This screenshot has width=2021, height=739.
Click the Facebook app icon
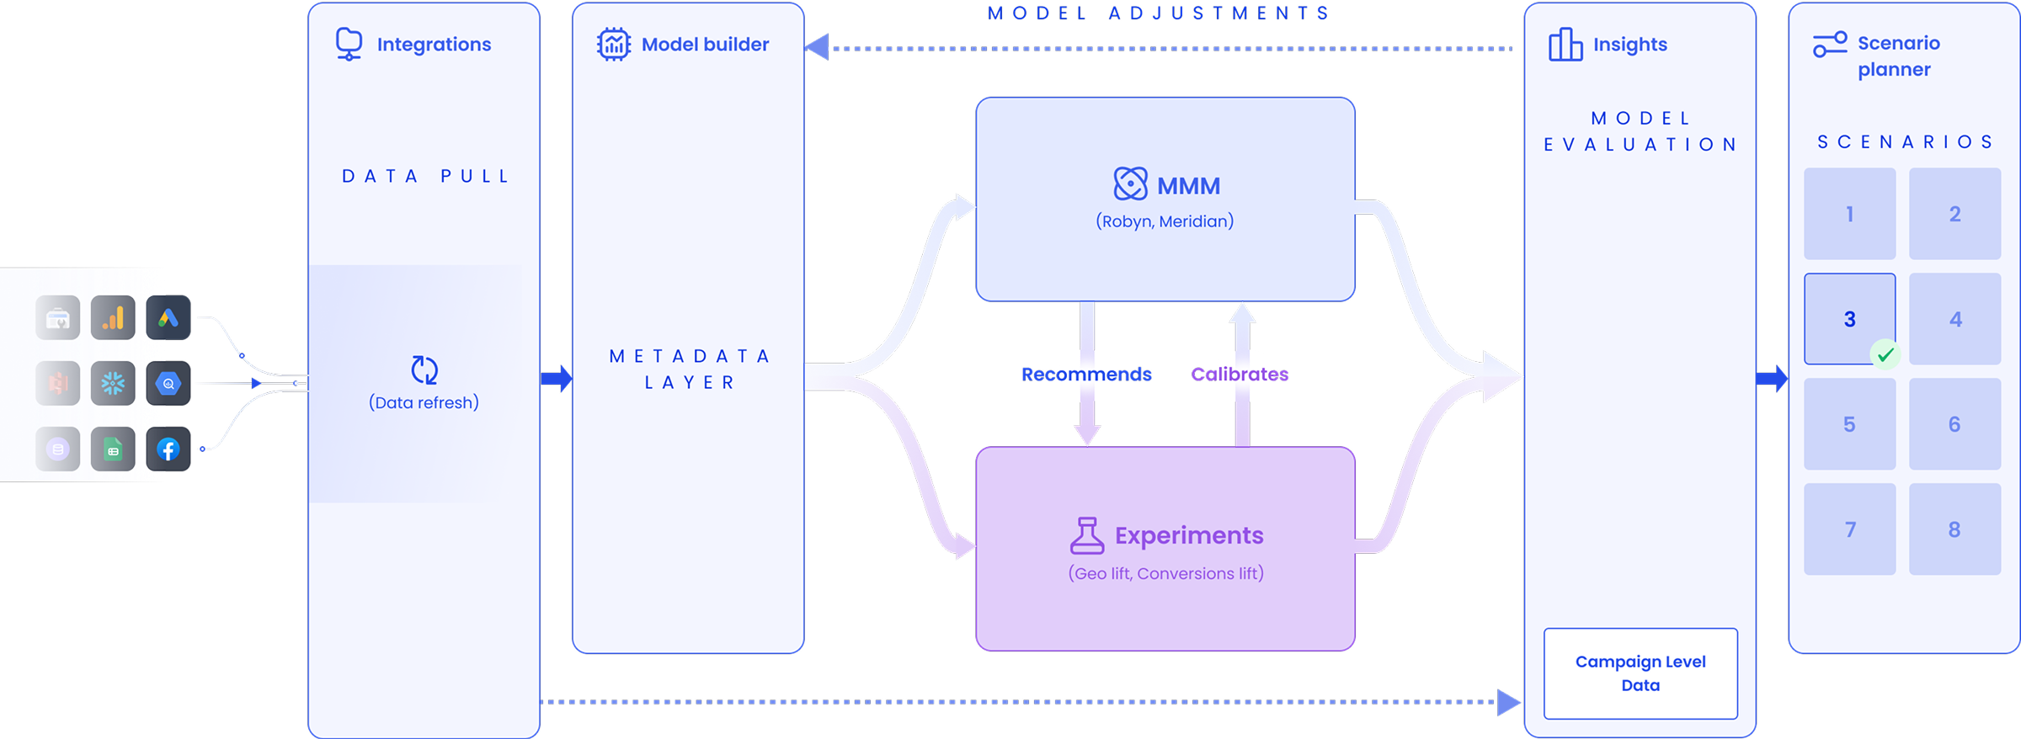point(168,449)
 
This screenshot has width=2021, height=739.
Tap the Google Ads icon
point(168,318)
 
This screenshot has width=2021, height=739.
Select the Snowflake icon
point(113,384)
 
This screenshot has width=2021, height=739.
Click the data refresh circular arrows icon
point(424,370)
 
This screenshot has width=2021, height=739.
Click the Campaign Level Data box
point(1640,673)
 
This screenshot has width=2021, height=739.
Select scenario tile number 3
point(1849,319)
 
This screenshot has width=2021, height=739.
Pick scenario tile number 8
point(1954,529)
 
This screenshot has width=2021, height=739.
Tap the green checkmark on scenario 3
point(1885,354)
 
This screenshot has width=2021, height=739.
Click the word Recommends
point(1086,375)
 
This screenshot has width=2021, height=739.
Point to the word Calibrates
point(1240,375)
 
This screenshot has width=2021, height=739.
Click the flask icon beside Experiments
point(1087,535)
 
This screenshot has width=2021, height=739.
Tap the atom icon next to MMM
point(1131,183)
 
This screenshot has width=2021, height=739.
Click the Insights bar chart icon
point(1565,44)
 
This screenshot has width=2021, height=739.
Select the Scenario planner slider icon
point(1831,45)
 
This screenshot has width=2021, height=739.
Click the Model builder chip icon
point(614,44)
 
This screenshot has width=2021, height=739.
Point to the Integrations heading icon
point(349,44)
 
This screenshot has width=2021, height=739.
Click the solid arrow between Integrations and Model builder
point(557,378)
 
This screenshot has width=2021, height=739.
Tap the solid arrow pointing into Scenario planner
point(1772,378)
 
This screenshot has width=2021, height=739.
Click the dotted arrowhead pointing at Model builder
point(817,47)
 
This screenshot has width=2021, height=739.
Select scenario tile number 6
point(1954,424)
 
